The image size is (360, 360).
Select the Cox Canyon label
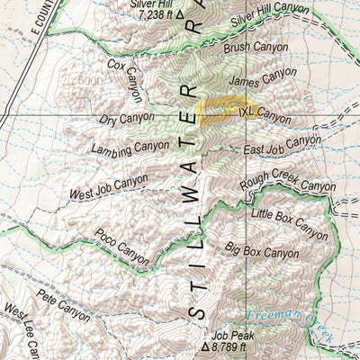coord(128,79)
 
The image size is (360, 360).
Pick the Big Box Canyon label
coord(261,249)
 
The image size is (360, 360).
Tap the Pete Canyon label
coord(63,303)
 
